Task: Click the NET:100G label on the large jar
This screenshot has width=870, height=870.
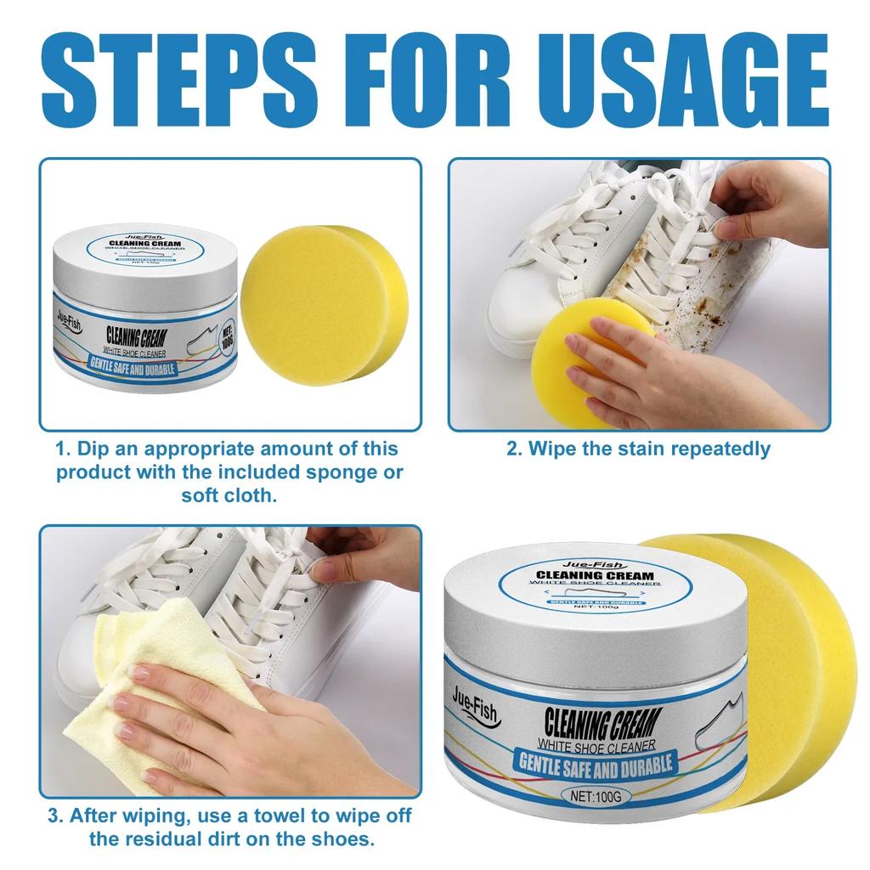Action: tap(596, 798)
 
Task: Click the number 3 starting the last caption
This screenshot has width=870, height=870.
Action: tap(54, 816)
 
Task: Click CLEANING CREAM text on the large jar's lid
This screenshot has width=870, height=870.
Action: tap(596, 575)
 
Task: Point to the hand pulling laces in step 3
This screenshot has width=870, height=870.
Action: tap(365, 556)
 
